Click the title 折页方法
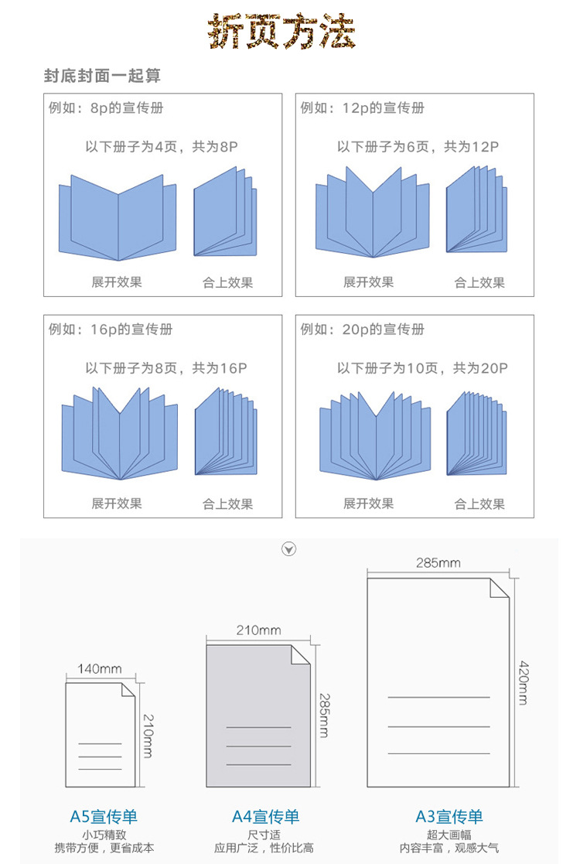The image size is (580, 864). pyautogui.click(x=282, y=32)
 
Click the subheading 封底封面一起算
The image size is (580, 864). pyautogui.click(x=102, y=76)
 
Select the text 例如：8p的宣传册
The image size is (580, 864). pyautogui.click(x=106, y=108)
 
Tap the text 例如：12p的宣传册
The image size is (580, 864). pyautogui.click(x=362, y=108)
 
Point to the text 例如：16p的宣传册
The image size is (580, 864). pyautogui.click(x=110, y=330)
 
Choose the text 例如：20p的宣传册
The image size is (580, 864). pyautogui.click(x=362, y=330)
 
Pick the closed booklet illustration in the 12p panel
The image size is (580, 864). pyautogui.click(x=476, y=210)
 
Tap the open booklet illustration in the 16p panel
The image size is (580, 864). pyautogui.click(x=120, y=433)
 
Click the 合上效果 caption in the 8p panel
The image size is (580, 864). pyautogui.click(x=227, y=283)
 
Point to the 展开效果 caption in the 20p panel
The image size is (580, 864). pyautogui.click(x=368, y=504)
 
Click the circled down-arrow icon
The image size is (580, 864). pyautogui.click(x=289, y=549)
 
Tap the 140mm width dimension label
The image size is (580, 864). pyautogui.click(x=100, y=669)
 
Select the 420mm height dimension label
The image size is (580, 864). pyautogui.click(x=524, y=682)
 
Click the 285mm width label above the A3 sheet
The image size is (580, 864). pyautogui.click(x=438, y=563)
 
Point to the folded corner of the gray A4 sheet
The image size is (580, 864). pyautogui.click(x=300, y=654)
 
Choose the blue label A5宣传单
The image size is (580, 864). pyautogui.click(x=104, y=817)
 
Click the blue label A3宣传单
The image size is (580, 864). pyautogui.click(x=449, y=817)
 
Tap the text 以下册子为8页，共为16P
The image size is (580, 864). pyautogui.click(x=165, y=369)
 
